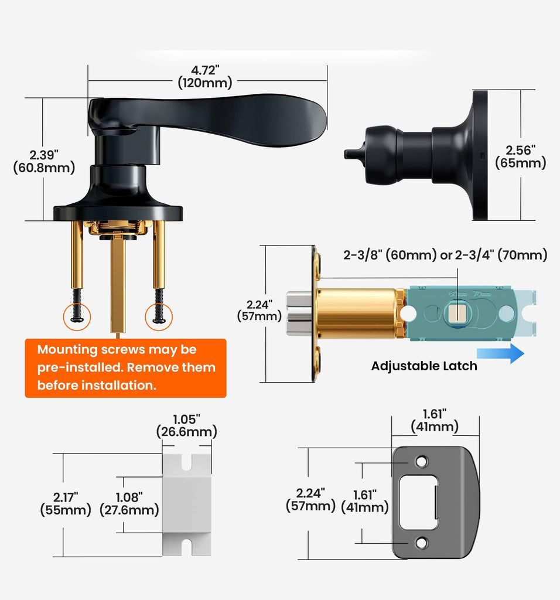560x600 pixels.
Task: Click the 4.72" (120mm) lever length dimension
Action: click(x=205, y=77)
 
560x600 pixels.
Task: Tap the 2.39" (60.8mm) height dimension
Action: click(x=44, y=161)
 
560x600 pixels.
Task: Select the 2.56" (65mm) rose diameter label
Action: click(x=521, y=156)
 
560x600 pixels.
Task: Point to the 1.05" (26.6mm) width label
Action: click(x=187, y=425)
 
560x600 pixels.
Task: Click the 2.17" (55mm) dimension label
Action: click(x=66, y=503)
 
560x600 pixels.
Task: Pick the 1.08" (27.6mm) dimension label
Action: click(x=129, y=503)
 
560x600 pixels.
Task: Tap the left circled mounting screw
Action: click(x=77, y=317)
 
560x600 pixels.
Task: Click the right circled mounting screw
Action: click(x=159, y=317)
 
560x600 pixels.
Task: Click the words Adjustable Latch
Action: click(x=424, y=366)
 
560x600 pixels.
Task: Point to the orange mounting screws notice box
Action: click(x=125, y=368)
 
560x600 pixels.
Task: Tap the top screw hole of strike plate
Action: click(x=422, y=462)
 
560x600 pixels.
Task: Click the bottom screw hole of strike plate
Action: click(x=422, y=543)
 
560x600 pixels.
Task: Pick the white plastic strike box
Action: click(x=187, y=504)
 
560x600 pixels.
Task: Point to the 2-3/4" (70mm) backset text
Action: click(x=501, y=255)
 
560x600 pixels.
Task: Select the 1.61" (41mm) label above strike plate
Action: click(x=435, y=420)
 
